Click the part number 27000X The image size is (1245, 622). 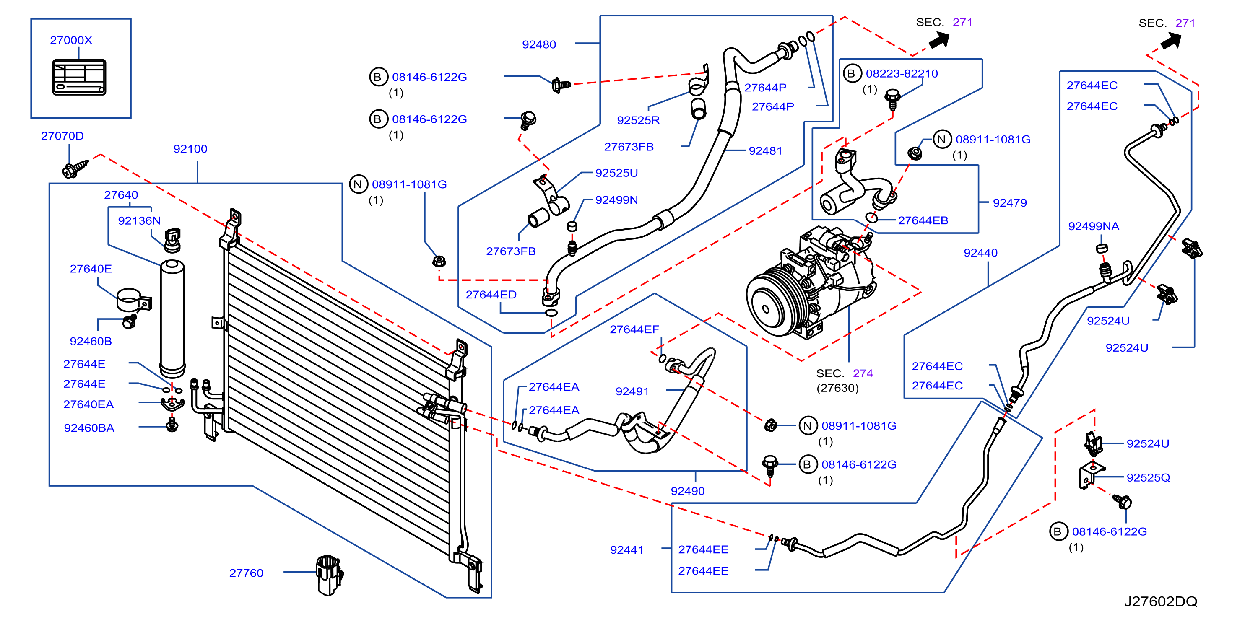(x=71, y=40)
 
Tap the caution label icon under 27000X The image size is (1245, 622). (x=79, y=77)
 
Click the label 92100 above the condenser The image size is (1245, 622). (x=190, y=149)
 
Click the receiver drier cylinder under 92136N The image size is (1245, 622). (x=172, y=318)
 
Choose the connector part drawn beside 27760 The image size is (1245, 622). (x=329, y=574)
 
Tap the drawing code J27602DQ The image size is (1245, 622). (x=1160, y=601)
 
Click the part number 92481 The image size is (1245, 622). (x=765, y=150)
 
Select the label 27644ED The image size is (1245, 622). (x=491, y=295)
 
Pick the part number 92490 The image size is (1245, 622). (x=688, y=491)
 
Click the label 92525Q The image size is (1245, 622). (x=1148, y=478)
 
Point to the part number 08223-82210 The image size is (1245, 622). (x=902, y=73)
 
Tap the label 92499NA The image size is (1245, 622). (x=1094, y=226)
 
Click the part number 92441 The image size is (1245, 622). (x=627, y=549)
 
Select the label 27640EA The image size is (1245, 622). (x=88, y=404)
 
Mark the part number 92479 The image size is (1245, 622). (x=1010, y=203)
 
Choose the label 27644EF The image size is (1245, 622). (x=634, y=329)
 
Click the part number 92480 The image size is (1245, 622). (x=539, y=44)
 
